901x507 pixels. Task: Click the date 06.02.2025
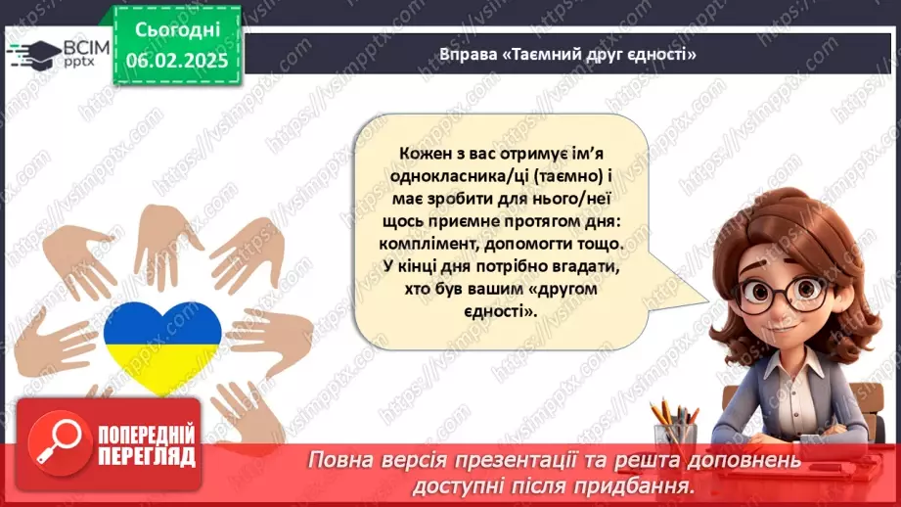(x=178, y=60)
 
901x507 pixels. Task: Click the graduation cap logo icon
(x=34, y=52)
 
